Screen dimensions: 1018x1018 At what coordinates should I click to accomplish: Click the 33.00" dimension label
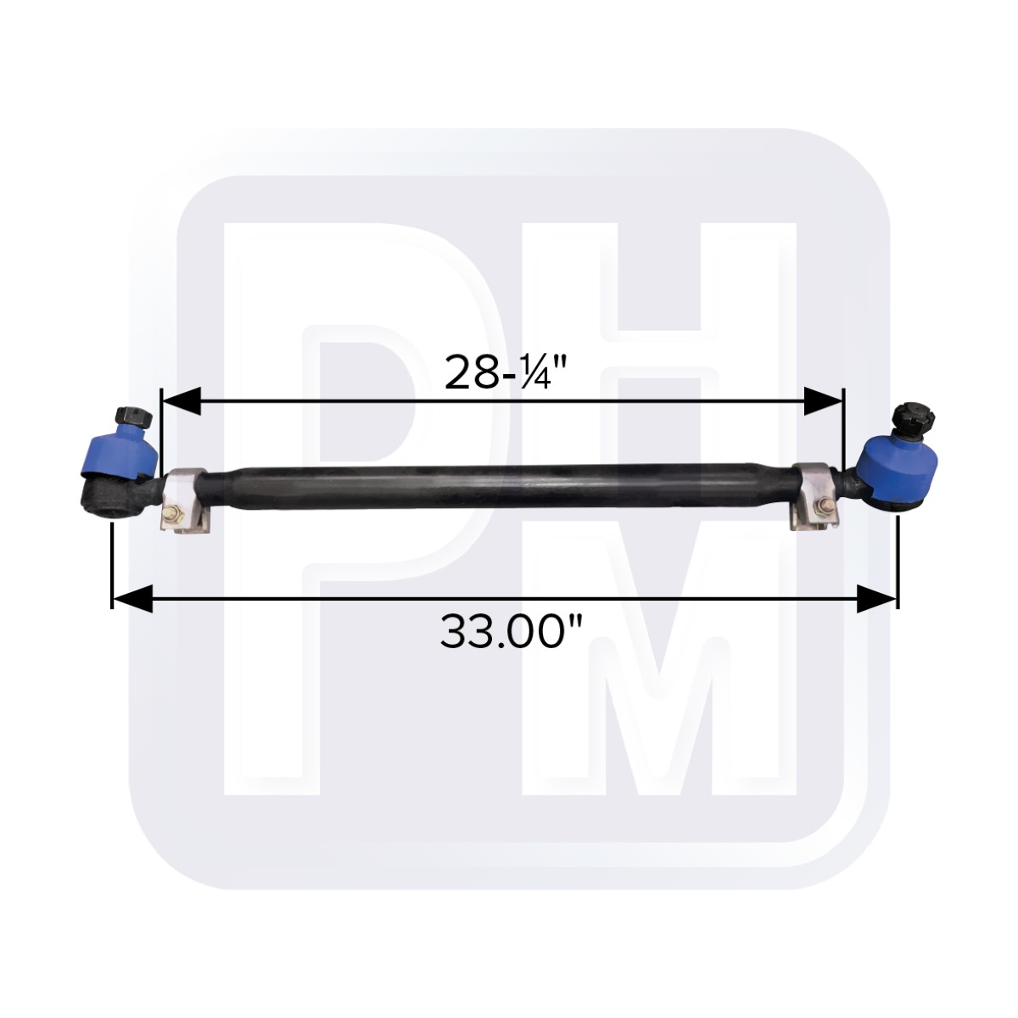[x=511, y=632]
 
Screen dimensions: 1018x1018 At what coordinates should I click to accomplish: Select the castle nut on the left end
[x=133, y=417]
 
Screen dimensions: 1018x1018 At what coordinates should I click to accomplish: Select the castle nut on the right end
[x=912, y=417]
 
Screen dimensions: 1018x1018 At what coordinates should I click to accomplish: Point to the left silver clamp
[x=186, y=500]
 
